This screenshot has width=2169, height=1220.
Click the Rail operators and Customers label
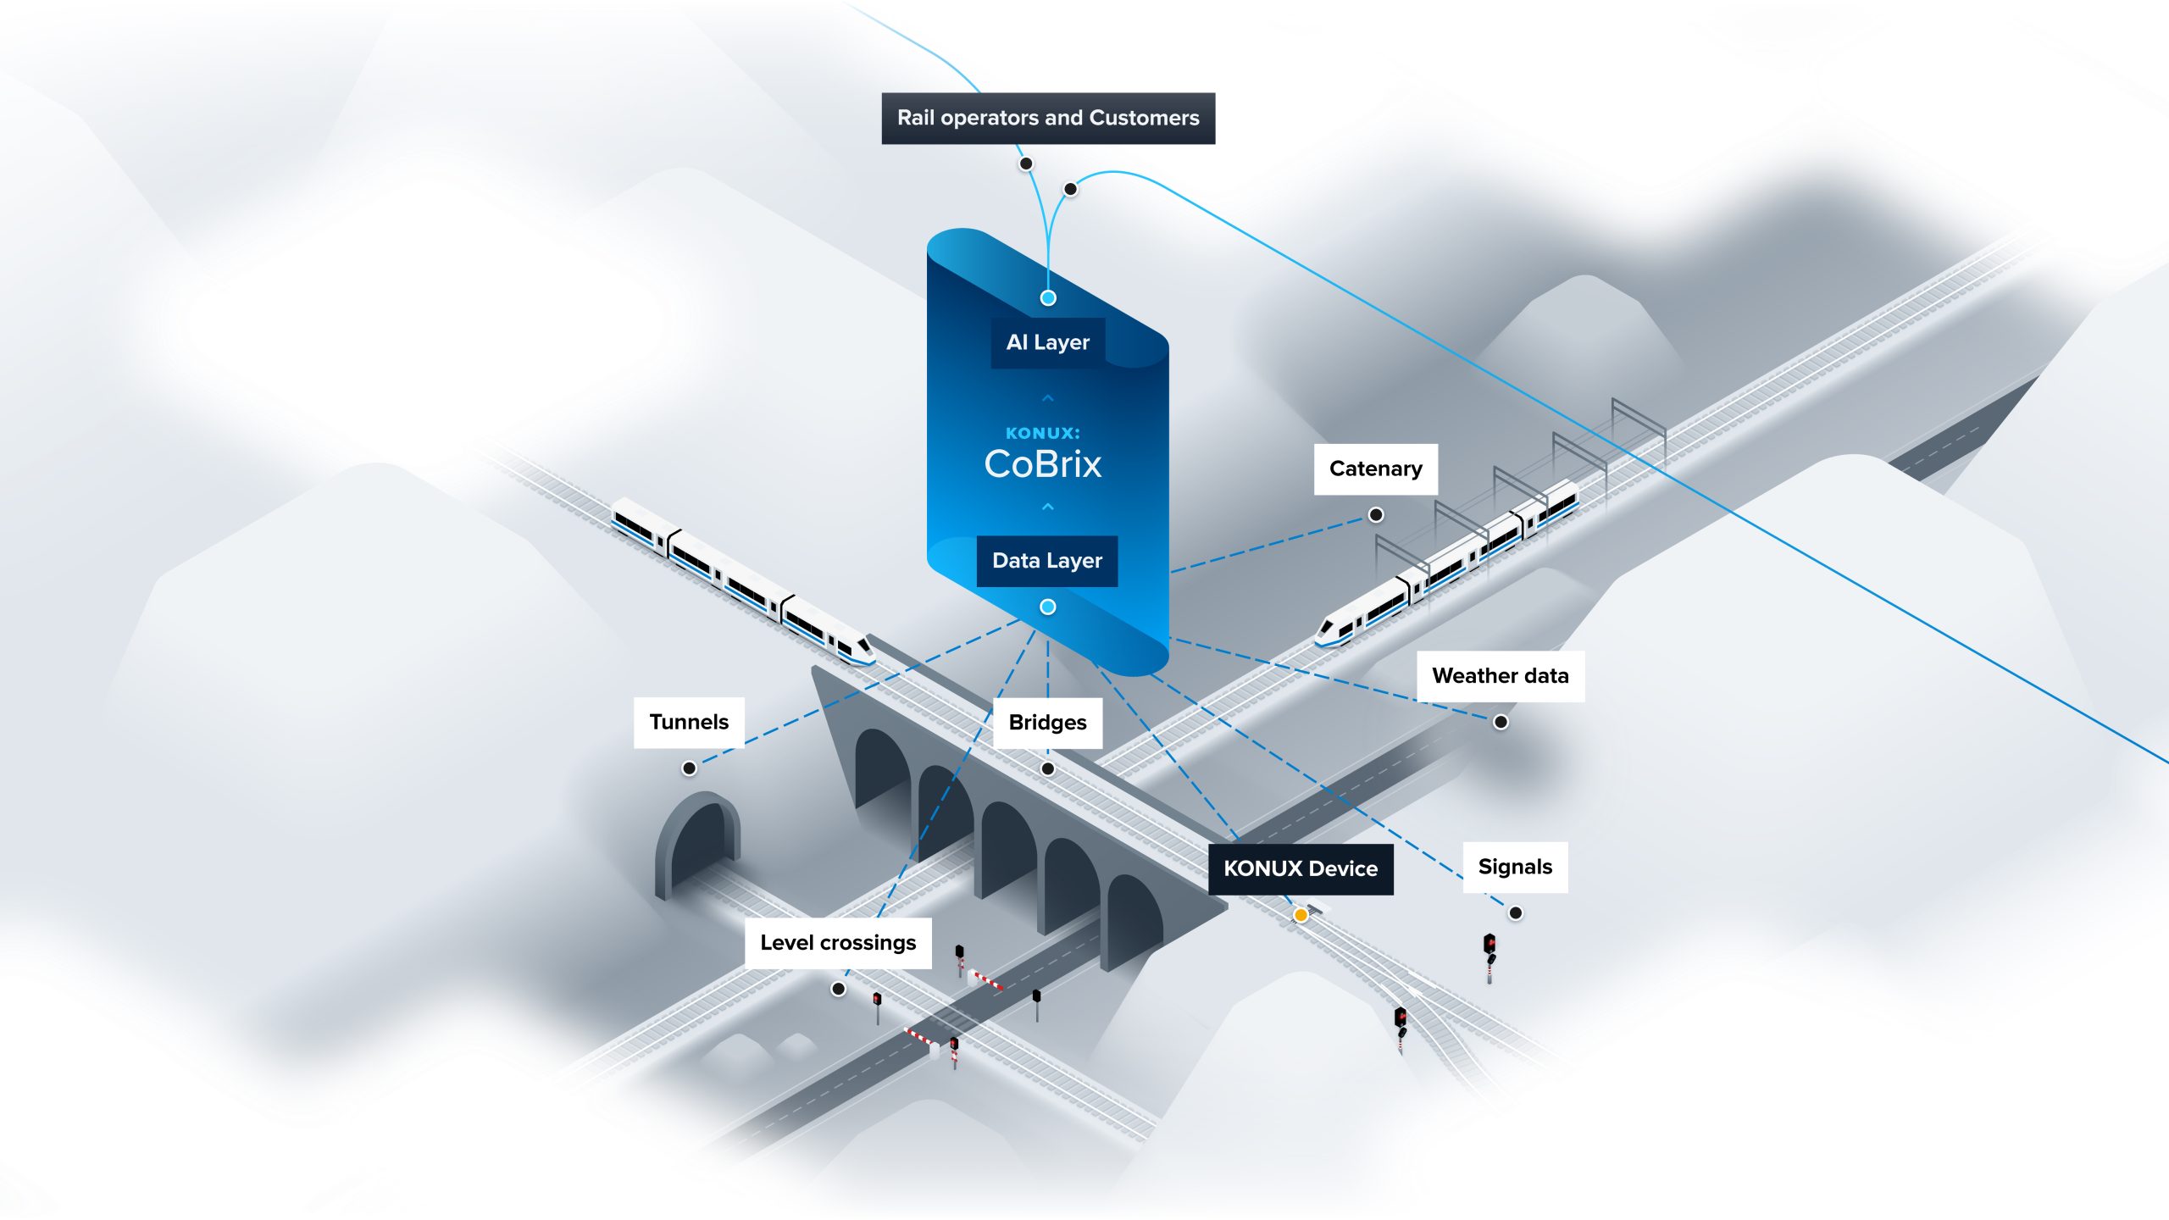(x=1048, y=118)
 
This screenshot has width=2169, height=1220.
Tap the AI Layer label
(x=1048, y=342)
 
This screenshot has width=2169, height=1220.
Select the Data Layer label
(x=1047, y=561)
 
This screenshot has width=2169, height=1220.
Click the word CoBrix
(x=1043, y=464)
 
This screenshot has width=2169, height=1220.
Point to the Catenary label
(x=1375, y=469)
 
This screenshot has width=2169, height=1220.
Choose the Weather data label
(x=1500, y=676)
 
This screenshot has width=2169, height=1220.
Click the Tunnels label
(x=689, y=722)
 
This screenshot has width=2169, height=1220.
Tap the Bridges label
(x=1047, y=723)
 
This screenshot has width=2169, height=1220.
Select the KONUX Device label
(x=1300, y=868)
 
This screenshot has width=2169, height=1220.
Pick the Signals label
(x=1515, y=867)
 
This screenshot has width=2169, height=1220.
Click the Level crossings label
(x=838, y=943)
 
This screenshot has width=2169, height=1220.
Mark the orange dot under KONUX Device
(x=1301, y=915)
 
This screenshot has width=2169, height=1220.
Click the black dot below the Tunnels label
(x=690, y=768)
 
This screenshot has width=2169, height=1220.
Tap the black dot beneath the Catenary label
(x=1376, y=515)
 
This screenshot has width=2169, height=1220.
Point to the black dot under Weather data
(x=1501, y=722)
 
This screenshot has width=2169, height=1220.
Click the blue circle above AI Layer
(x=1048, y=298)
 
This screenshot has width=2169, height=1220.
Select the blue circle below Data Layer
(x=1048, y=607)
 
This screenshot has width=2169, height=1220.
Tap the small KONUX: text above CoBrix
(x=1043, y=433)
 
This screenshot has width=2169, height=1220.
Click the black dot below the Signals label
(x=1516, y=912)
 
